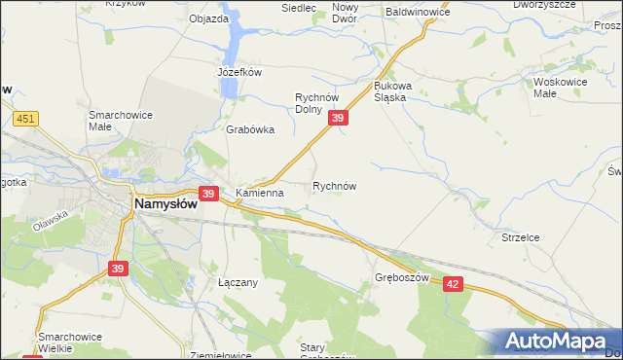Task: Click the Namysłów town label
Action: (x=165, y=204)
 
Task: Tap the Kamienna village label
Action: (x=259, y=193)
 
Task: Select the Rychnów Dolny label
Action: (x=322, y=102)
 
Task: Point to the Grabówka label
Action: (x=250, y=129)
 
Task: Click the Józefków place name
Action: (x=240, y=72)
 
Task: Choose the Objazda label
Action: (x=209, y=18)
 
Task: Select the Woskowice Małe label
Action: (x=559, y=89)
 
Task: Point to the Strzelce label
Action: (x=520, y=236)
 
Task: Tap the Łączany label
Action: (x=238, y=282)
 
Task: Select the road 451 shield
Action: (x=27, y=119)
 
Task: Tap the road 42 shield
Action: (x=452, y=282)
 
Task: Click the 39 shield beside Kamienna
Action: (x=208, y=194)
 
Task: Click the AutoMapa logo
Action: (x=555, y=342)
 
